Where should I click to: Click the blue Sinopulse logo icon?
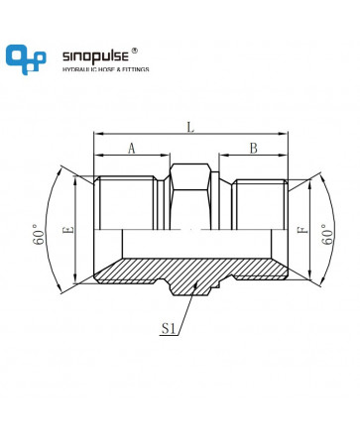[26, 59]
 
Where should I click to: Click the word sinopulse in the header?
[95, 56]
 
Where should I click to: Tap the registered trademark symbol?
[135, 51]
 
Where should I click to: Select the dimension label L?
[190, 127]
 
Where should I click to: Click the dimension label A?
[132, 149]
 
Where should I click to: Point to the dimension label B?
[253, 149]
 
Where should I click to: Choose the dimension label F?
[302, 230]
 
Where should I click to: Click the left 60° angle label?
[39, 234]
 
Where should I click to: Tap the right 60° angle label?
[327, 234]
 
